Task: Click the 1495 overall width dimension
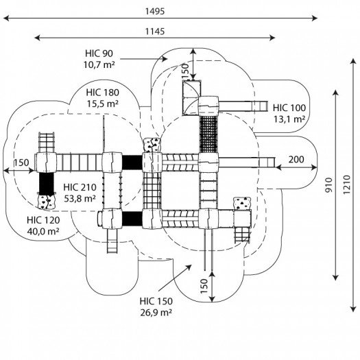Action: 155,11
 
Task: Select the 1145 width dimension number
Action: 155,32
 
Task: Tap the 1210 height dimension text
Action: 347,184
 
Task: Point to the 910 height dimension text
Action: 329,185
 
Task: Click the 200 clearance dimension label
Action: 296,159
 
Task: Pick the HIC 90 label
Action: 99,53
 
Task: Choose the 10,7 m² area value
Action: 99,65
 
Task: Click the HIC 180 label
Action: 102,93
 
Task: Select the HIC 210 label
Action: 80,187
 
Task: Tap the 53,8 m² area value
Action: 80,199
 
